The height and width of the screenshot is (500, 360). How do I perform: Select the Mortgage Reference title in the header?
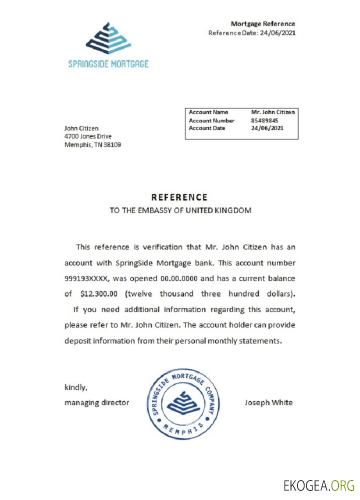pyautogui.click(x=262, y=23)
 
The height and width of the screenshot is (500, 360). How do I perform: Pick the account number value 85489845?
pyautogui.click(x=264, y=120)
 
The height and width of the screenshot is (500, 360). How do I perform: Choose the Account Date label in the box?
pyautogui.click(x=207, y=128)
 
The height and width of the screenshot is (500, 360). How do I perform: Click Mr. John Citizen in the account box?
pyautogui.click(x=272, y=112)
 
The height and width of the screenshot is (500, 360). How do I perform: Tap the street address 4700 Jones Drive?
pyautogui.click(x=88, y=136)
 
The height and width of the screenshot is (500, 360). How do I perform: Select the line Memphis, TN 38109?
pyautogui.click(x=92, y=145)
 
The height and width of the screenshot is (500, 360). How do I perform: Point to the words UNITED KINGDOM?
pyautogui.click(x=218, y=210)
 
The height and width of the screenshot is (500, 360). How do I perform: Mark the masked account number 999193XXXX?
pyautogui.click(x=88, y=278)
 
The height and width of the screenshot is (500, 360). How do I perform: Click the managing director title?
pyautogui.click(x=96, y=402)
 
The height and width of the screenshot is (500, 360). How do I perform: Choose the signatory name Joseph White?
pyautogui.click(x=268, y=402)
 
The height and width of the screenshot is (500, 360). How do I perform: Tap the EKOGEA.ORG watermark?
pyautogui.click(x=318, y=485)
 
